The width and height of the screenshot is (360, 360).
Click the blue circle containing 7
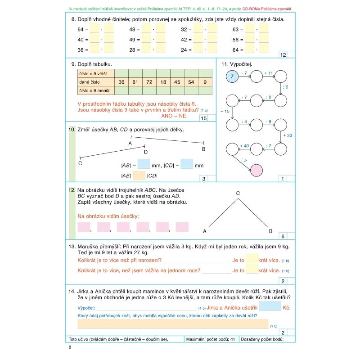tap(232, 77)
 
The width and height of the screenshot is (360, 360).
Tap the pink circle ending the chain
tap(256, 171)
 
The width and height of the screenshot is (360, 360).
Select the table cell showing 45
tap(177, 82)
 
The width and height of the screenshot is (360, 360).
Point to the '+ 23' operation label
tap(287, 135)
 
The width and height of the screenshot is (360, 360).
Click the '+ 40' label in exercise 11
tap(244, 146)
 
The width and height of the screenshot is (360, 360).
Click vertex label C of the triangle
tap(238, 193)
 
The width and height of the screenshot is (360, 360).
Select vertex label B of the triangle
tap(270, 231)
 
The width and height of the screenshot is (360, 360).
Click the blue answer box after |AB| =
tap(144, 164)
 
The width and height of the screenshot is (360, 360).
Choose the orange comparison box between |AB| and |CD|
tap(139, 175)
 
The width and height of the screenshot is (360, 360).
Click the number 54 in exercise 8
tap(81, 29)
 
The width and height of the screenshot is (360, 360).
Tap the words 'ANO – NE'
tap(173, 116)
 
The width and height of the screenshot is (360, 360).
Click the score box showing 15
tap(203, 119)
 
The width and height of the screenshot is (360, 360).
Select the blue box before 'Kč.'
tap(270, 307)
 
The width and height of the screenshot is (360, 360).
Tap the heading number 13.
tap(72, 247)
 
